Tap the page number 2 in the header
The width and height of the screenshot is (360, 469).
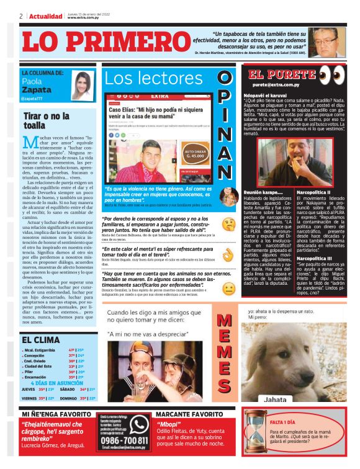tap(21, 16)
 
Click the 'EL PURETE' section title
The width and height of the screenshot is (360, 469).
tap(279, 75)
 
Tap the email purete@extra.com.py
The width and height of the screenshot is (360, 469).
tap(276, 84)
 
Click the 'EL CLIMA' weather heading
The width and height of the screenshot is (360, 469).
tap(40, 340)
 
